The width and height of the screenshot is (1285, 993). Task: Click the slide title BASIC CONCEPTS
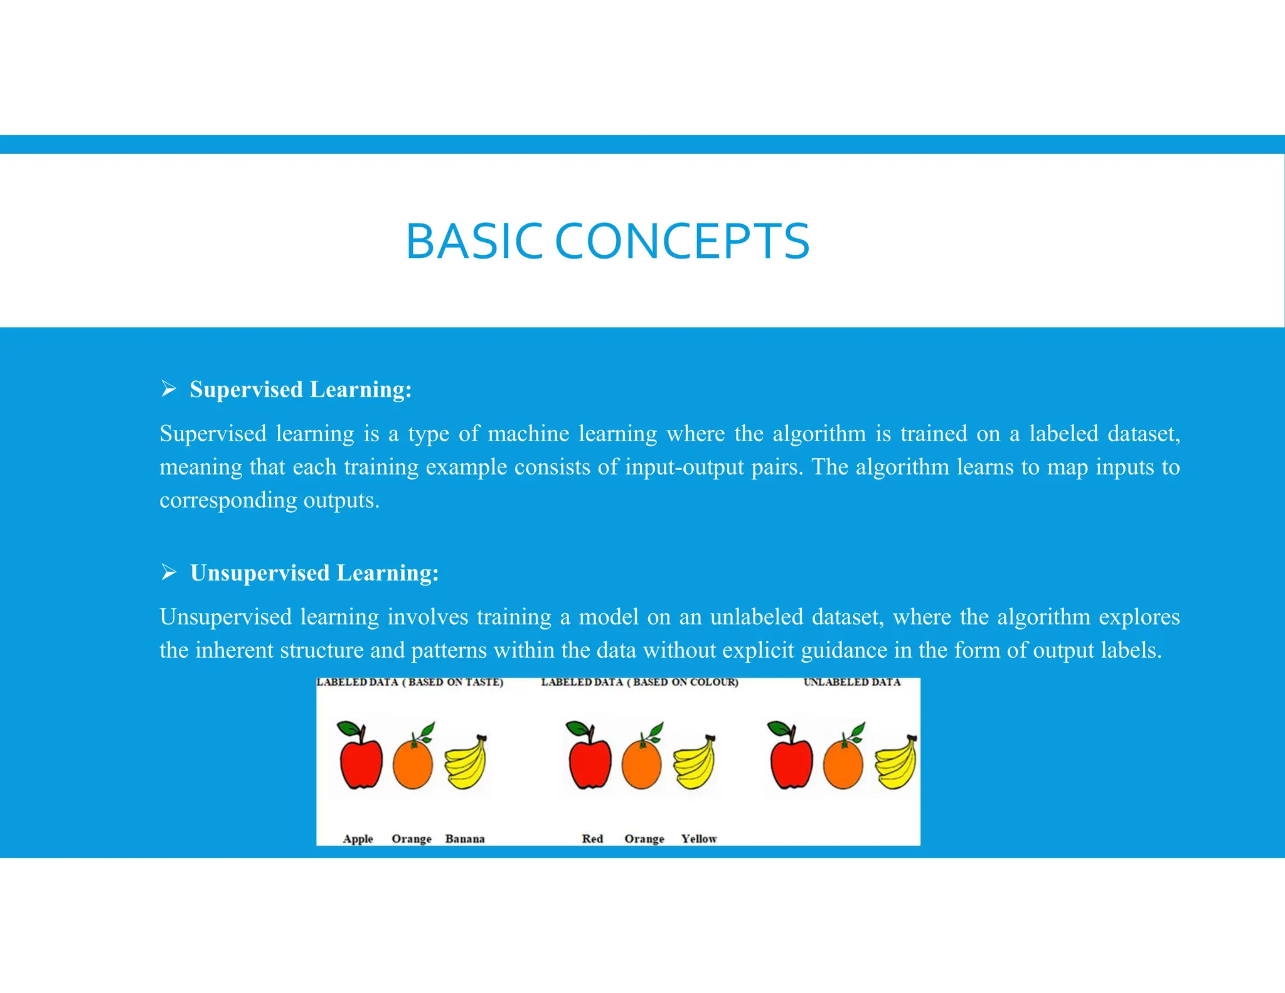607,242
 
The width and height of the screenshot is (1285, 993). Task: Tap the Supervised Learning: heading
301,389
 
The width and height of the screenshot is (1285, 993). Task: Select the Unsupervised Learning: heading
314,572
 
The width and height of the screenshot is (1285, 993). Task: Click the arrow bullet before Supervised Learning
168,389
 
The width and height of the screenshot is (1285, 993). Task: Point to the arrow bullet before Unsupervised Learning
168,572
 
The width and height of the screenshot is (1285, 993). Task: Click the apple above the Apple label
361,758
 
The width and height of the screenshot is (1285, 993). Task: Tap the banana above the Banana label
466,762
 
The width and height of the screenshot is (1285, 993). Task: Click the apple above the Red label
590,758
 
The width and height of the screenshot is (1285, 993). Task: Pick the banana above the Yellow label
694,762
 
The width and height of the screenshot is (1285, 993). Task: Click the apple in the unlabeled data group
791,758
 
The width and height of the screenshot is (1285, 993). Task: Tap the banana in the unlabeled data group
896,762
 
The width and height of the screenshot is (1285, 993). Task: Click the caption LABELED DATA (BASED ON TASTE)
410,682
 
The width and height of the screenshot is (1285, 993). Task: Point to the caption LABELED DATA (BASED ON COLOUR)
639,682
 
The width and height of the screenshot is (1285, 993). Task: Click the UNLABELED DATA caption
851,682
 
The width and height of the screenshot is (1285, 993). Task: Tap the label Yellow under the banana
698,839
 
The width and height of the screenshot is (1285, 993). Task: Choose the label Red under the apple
592,839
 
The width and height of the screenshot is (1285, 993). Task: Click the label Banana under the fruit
464,839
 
